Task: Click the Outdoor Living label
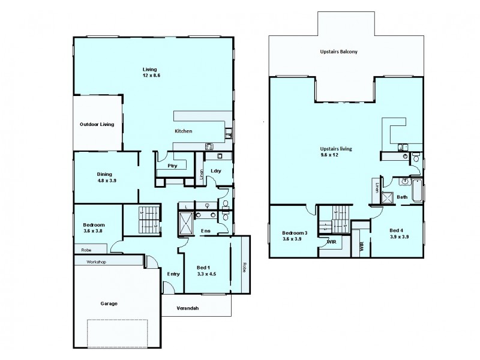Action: [x=97, y=125]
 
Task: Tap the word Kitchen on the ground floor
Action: [x=183, y=131]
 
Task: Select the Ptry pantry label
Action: [x=172, y=166]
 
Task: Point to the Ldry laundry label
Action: [x=216, y=170]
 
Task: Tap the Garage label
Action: [x=109, y=303]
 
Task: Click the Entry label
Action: [x=173, y=274]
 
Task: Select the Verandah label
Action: [x=188, y=308]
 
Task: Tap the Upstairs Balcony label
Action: [x=339, y=52]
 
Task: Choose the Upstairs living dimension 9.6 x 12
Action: [x=337, y=155]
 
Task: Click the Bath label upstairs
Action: [x=401, y=196]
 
